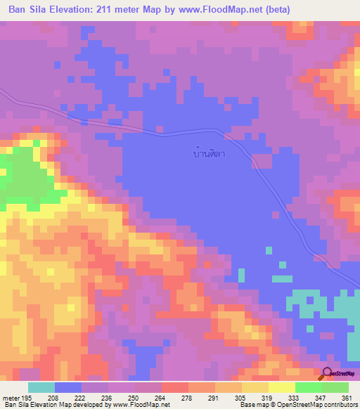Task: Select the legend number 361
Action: pyautogui.click(x=345, y=397)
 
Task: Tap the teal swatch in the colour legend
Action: pyautogui.click(x=41, y=387)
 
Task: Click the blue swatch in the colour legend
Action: pyautogui.click(x=68, y=387)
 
